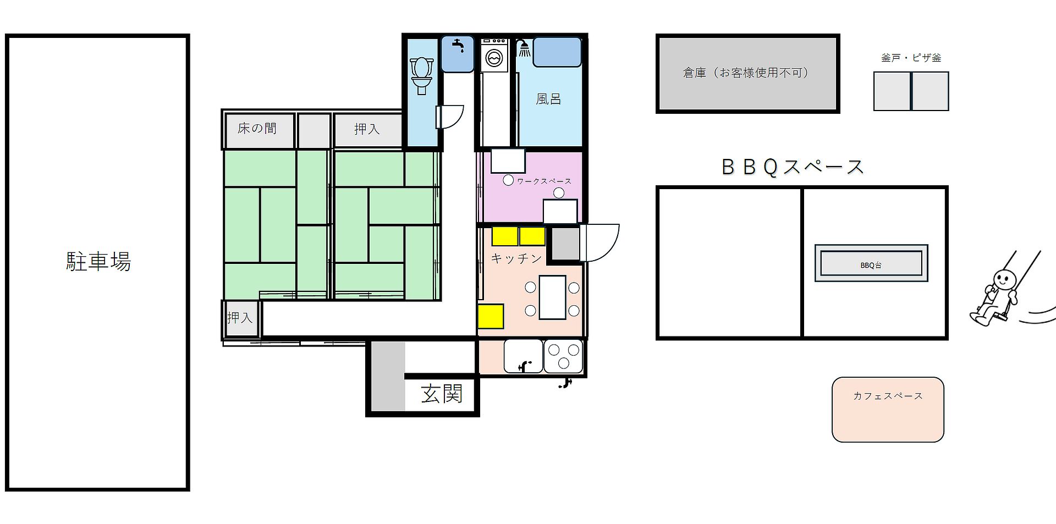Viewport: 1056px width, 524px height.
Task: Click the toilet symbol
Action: (422, 76)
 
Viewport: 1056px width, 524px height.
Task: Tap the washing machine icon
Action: (494, 54)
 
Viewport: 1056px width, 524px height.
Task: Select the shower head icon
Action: (524, 48)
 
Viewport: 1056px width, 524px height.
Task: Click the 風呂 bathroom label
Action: (548, 99)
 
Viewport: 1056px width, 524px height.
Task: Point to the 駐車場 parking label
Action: (98, 261)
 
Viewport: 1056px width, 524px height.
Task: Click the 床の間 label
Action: (257, 129)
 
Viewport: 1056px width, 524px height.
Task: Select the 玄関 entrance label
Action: (442, 394)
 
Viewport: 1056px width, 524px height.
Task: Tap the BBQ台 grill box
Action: (871, 263)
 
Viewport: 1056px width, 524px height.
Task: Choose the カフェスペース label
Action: (888, 396)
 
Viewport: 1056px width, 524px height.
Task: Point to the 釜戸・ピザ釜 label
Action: (911, 57)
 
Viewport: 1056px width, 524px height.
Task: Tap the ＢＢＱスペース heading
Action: (793, 167)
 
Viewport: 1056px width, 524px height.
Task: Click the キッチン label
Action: (516, 258)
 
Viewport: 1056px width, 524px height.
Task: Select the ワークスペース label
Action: (544, 181)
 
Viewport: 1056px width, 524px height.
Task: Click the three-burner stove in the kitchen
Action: (563, 356)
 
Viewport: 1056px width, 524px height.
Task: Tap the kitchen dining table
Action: (552, 297)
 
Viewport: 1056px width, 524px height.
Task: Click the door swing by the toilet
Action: (450, 117)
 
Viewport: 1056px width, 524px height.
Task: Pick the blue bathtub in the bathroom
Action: (557, 52)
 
